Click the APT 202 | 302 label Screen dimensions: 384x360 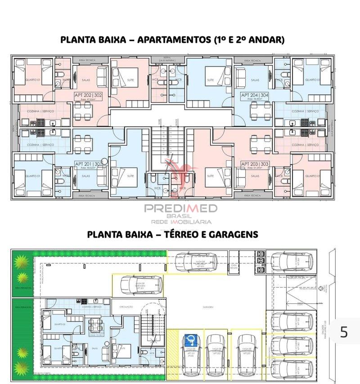coord(88,95)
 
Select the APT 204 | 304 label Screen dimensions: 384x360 coord(255,95)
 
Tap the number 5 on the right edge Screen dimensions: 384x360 coord(344,332)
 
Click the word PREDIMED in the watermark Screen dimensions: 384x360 coord(180,208)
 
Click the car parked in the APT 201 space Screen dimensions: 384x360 coord(140,284)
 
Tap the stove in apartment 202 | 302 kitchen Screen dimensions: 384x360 coord(41,122)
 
